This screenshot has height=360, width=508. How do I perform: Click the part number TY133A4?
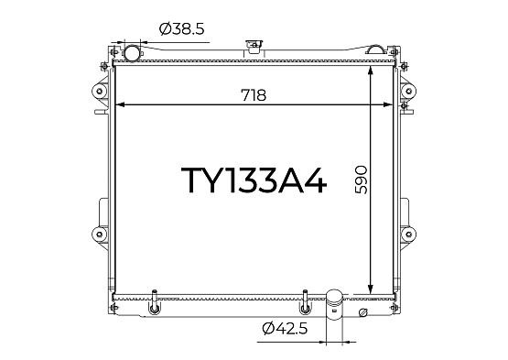coord(254,180)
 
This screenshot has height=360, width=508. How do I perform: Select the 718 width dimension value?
coord(254,95)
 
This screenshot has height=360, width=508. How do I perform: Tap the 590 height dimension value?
coord(361,180)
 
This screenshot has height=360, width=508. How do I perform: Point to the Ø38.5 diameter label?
coord(182,29)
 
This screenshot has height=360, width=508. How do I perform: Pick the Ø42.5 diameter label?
coord(285,329)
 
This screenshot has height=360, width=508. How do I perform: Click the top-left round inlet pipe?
coord(132,53)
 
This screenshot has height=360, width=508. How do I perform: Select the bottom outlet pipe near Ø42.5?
coord(334,304)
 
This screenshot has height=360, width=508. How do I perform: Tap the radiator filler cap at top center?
coord(254,46)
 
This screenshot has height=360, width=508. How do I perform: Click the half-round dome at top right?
coord(376,49)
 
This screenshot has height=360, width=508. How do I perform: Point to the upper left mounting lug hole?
coord(100,91)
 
